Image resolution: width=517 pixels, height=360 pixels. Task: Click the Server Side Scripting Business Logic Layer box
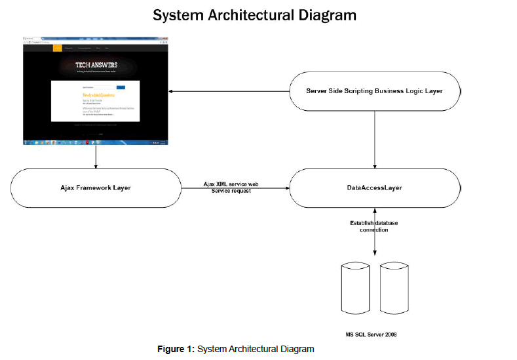pos(375,90)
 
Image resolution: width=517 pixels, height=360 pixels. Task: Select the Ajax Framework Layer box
pos(96,188)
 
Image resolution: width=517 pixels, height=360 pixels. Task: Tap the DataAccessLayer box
pos(375,188)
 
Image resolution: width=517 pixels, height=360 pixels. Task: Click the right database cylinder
pos(393,289)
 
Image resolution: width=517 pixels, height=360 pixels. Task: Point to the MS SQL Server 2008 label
pos(372,334)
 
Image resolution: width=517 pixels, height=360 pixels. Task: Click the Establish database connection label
pos(373,226)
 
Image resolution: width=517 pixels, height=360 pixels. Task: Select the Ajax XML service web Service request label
pos(230,188)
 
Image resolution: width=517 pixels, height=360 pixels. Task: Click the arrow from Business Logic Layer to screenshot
pos(229,90)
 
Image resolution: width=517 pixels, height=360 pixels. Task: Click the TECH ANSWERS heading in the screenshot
pos(96,65)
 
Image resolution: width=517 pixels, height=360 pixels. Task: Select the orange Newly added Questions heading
pos(100,95)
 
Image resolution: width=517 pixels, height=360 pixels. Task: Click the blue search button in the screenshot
pos(121,87)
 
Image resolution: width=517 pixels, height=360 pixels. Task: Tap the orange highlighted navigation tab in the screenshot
pos(58,48)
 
